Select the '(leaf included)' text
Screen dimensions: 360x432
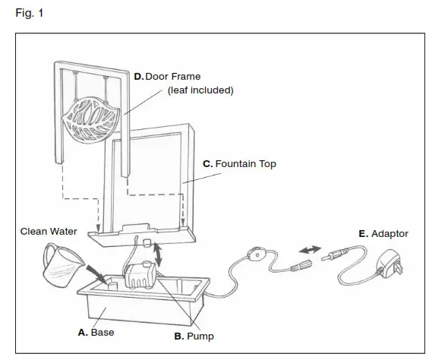coord(200,90)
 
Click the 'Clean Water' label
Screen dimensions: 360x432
coord(49,232)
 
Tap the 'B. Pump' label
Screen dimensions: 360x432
coord(194,335)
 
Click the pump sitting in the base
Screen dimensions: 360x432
coord(140,275)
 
